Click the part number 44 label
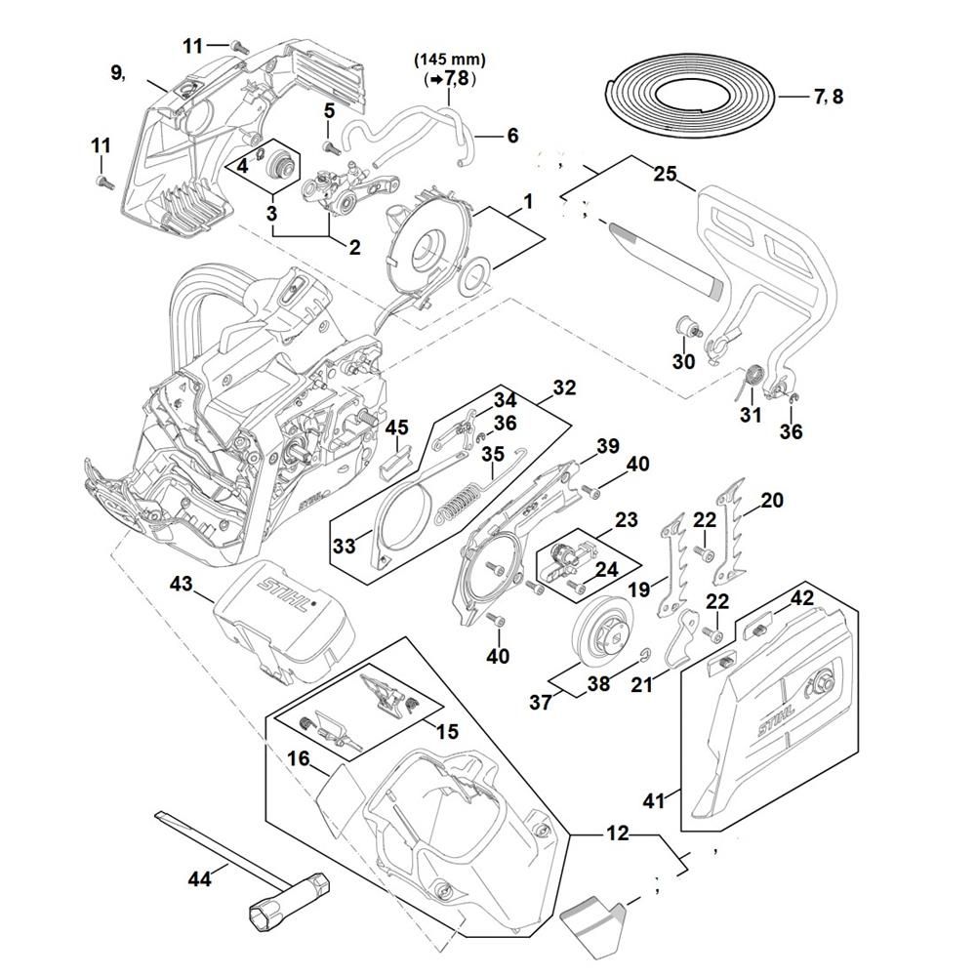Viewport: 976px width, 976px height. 199,879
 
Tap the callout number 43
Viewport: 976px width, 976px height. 182,584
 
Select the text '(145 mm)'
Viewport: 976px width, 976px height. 450,60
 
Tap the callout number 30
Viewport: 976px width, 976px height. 683,361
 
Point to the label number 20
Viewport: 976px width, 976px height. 771,500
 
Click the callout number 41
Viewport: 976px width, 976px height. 654,800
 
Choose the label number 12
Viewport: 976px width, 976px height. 618,834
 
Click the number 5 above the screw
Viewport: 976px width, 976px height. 329,109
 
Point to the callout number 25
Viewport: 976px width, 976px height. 665,173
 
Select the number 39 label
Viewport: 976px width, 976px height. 608,446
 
